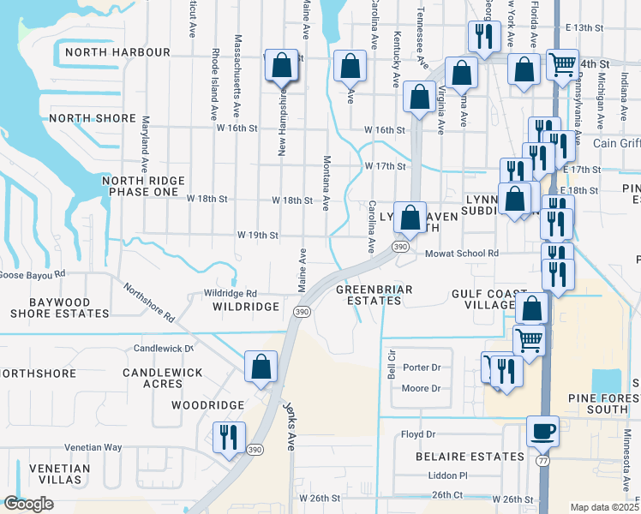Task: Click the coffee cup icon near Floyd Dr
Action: [541, 430]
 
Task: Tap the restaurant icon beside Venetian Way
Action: [229, 437]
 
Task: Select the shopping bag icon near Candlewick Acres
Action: [261, 366]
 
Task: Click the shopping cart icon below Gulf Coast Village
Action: [529, 339]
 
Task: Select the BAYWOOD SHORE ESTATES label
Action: [59, 308]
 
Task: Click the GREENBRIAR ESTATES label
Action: [369, 296]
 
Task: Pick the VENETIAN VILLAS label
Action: [59, 475]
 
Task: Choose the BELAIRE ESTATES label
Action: [458, 457]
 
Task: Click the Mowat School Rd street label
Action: [462, 254]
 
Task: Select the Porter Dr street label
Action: [422, 368]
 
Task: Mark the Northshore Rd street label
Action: [149, 302]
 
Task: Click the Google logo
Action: [28, 504]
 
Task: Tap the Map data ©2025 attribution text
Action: [603, 507]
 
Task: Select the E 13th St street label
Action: [585, 28]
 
